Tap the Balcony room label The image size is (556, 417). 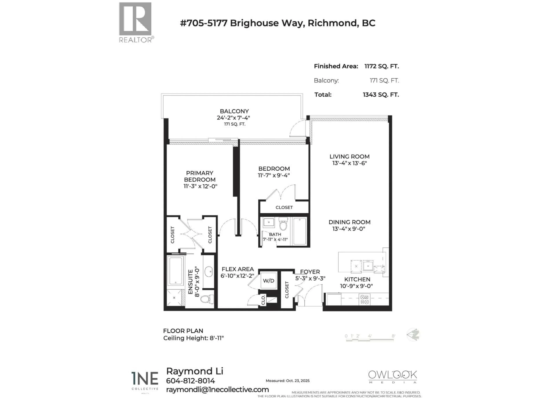click(x=234, y=111)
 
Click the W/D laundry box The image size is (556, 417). click(x=268, y=280)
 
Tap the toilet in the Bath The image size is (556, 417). click(x=283, y=224)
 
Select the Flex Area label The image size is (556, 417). click(x=238, y=269)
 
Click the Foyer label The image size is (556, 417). click(x=310, y=272)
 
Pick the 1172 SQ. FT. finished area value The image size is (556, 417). click(x=382, y=66)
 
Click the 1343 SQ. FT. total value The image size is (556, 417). click(x=381, y=95)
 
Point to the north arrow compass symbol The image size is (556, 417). click(x=413, y=335)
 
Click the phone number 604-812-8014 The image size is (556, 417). click(x=190, y=381)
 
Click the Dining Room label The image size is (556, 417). click(x=349, y=222)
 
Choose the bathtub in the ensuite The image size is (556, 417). click(x=176, y=270)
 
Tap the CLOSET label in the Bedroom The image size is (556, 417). click(x=284, y=207)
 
